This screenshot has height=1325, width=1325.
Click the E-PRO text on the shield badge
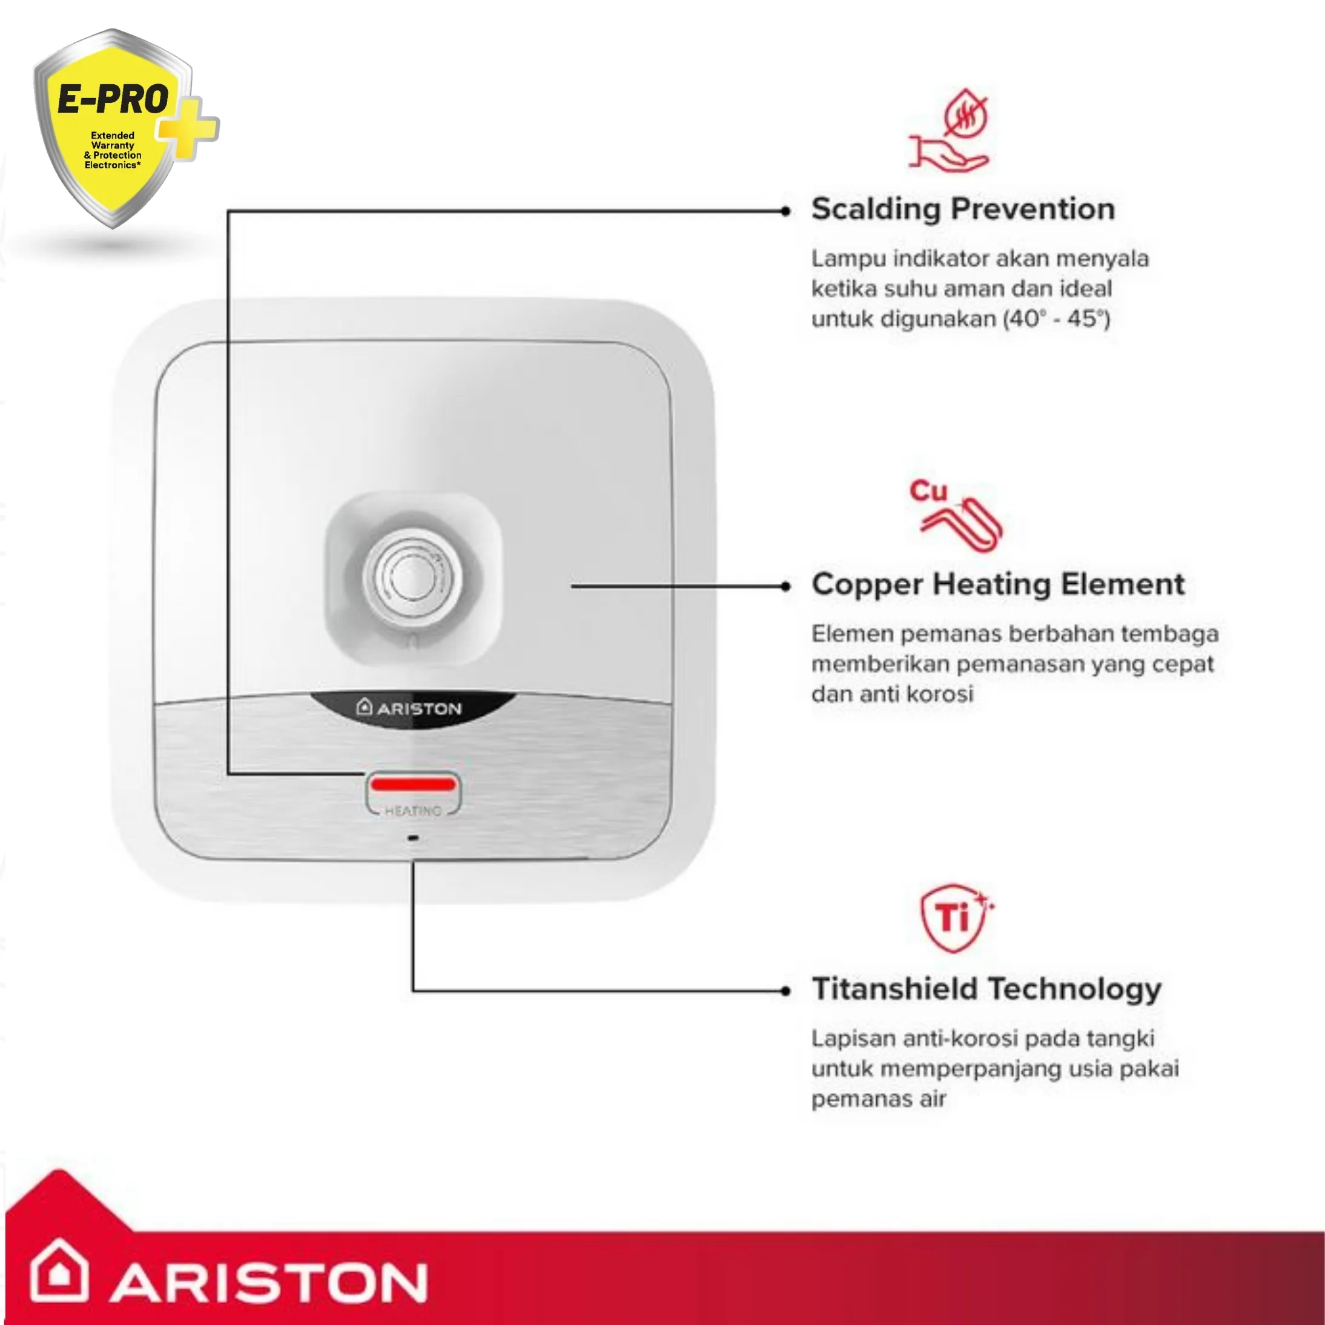pos(113,100)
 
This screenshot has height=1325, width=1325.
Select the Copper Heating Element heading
pos(998,585)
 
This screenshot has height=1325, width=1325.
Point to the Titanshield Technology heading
pos(986,990)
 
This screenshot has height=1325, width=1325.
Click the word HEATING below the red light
pos(413,811)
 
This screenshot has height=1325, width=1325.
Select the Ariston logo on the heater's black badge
pos(409,708)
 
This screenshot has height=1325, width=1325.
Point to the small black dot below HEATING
pos(413,838)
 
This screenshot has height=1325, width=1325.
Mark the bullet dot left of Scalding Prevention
pos(786,211)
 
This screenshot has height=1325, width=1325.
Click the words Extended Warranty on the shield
pos(113,140)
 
